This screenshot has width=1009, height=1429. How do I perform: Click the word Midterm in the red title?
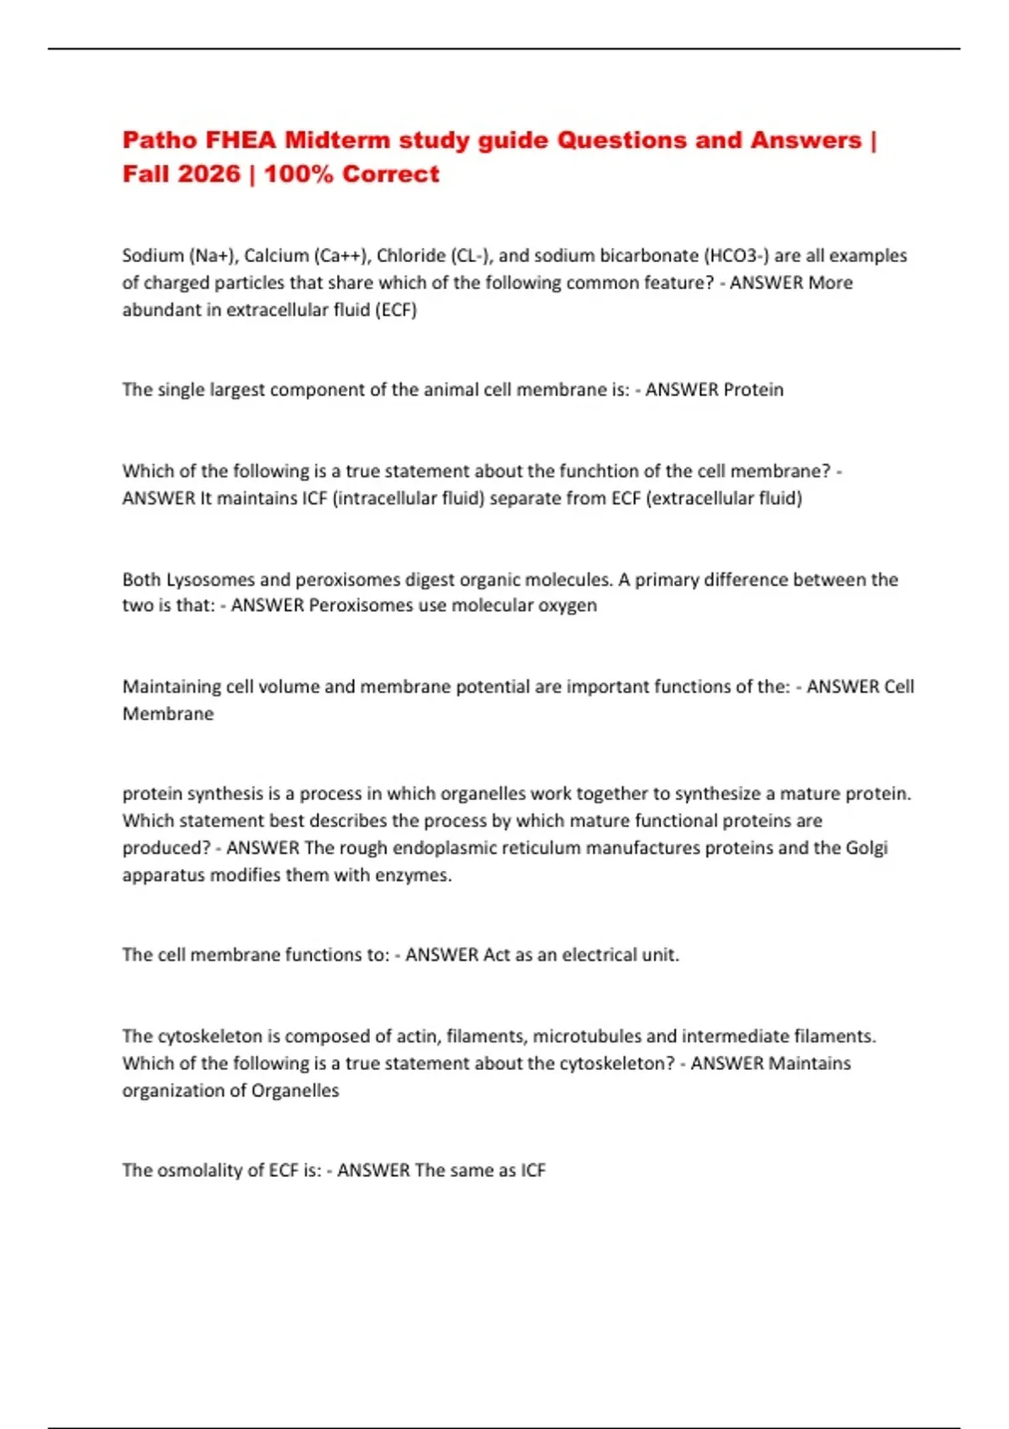337,140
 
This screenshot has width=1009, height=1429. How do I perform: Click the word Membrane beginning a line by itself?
168,714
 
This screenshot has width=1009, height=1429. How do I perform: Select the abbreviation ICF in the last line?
533,1170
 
